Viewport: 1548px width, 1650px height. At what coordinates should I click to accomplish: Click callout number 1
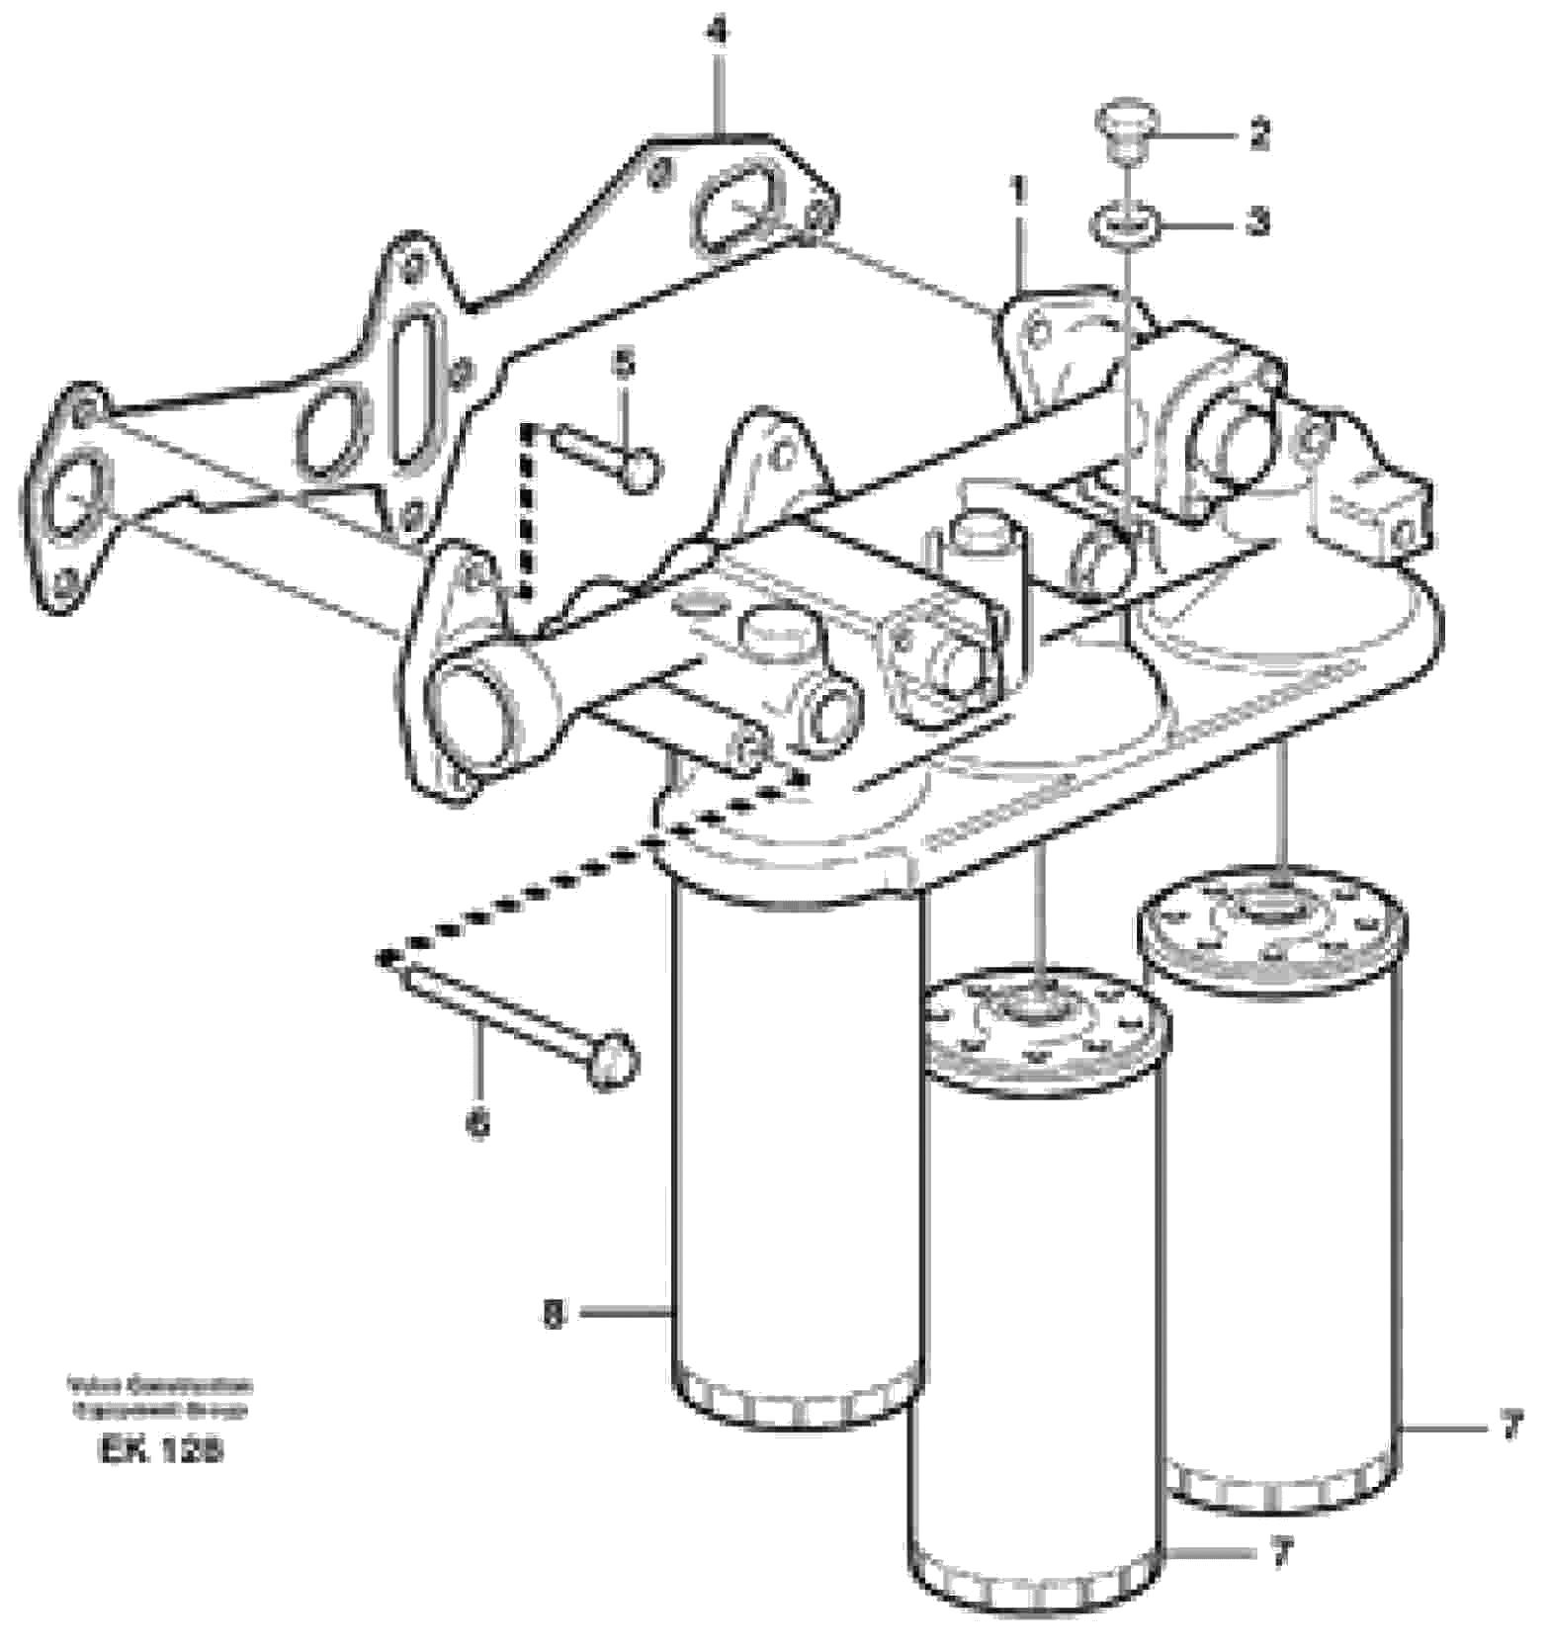1018,189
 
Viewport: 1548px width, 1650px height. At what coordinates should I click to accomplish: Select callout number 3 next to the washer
1257,221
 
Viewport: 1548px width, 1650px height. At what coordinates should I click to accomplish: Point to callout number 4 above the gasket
719,33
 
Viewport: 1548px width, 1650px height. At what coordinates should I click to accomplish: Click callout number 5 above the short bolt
623,364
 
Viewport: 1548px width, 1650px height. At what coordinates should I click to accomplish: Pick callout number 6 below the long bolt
477,1122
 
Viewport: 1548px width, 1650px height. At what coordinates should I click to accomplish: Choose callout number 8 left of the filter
555,1315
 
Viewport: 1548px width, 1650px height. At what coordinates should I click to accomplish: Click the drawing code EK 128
160,1448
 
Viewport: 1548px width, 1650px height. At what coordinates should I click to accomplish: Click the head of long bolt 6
613,1060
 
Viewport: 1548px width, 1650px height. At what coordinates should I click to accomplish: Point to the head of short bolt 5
642,465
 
